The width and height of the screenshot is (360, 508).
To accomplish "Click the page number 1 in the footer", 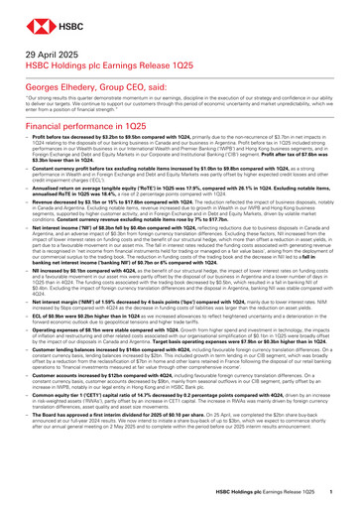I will pos(342,492).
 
